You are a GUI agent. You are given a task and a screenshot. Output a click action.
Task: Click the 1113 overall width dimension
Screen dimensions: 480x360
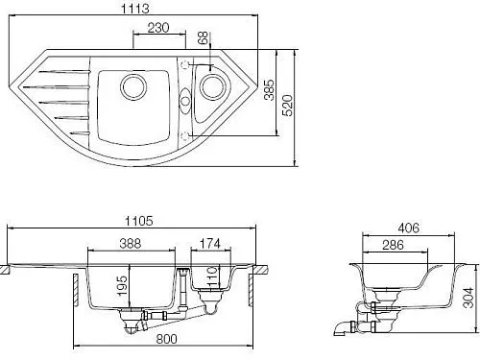[x=135, y=9]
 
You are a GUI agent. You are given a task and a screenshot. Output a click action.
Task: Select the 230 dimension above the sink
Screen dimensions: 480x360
[x=158, y=28]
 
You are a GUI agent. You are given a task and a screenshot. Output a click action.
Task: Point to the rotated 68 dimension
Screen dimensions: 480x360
[x=203, y=37]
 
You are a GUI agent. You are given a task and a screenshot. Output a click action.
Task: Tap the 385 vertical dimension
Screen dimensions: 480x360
[x=270, y=90]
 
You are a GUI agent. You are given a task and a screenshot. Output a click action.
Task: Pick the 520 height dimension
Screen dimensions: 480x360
[x=287, y=105]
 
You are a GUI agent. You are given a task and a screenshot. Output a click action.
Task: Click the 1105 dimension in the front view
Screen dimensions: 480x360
[x=139, y=221]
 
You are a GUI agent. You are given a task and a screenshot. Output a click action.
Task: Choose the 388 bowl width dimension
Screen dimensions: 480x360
[x=131, y=244]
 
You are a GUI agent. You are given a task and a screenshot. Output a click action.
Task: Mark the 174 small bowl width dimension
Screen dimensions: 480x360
[x=210, y=244]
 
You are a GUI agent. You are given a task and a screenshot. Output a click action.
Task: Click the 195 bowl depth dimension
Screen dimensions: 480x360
[x=122, y=286]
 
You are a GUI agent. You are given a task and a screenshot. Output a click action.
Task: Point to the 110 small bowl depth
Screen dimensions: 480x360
[x=212, y=276]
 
